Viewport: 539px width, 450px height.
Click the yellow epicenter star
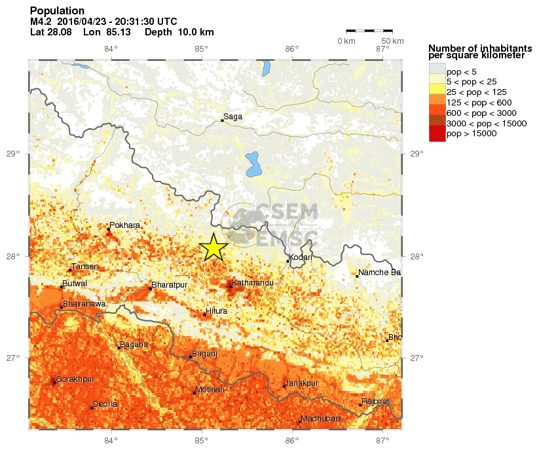point(213,248)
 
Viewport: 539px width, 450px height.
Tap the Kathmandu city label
point(250,282)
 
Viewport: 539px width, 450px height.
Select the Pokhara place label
point(124,225)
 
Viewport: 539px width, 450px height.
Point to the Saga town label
point(233,117)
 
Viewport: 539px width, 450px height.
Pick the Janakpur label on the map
point(303,383)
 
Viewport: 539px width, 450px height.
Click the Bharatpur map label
point(169,285)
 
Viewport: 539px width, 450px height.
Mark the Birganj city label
point(204,354)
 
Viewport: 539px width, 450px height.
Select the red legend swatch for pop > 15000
point(436,134)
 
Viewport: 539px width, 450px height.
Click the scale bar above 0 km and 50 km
point(369,30)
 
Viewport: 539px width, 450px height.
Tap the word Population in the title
point(58,11)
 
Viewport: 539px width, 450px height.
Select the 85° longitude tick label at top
point(201,48)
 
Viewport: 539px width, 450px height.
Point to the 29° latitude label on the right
point(417,154)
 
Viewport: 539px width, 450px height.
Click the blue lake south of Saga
point(251,164)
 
